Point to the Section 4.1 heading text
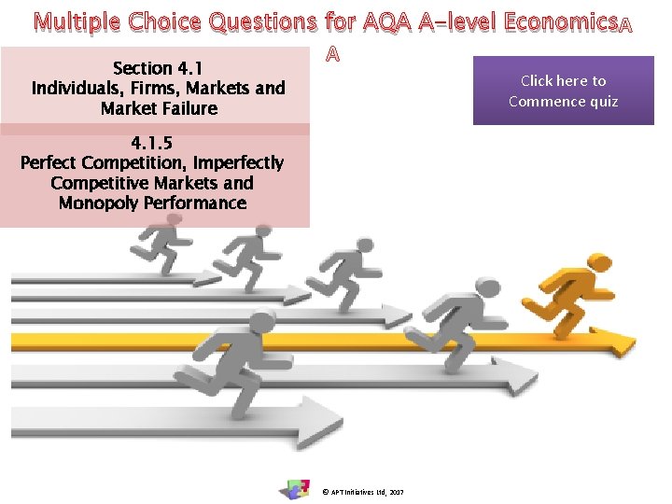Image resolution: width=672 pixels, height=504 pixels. [x=157, y=68]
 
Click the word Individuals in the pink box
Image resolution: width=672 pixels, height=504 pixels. [x=77, y=89]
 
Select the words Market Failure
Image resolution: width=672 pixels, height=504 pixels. [x=159, y=108]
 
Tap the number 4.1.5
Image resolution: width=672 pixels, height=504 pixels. [x=152, y=144]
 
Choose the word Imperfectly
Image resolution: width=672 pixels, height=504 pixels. [x=238, y=163]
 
